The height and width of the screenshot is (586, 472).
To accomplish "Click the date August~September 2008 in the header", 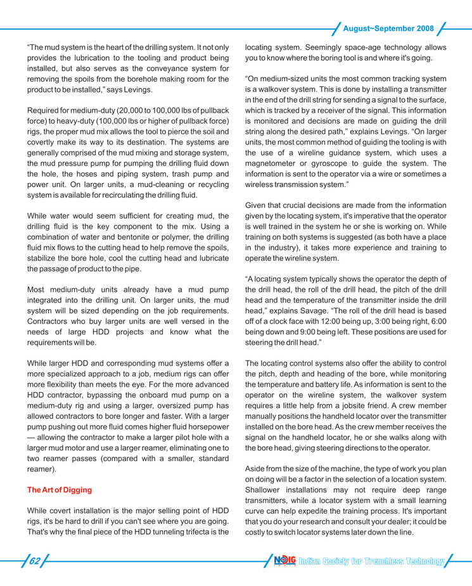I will pos(387,29).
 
